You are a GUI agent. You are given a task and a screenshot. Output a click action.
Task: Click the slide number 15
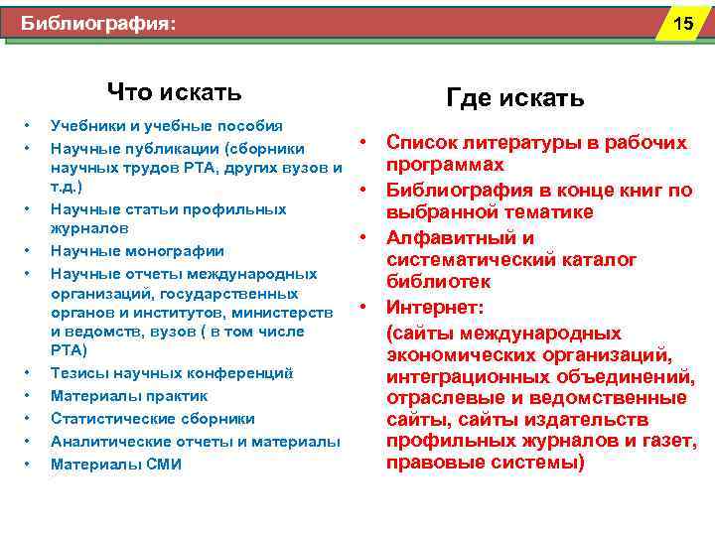click(x=683, y=23)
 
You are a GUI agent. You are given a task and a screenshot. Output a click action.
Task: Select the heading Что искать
click(x=174, y=93)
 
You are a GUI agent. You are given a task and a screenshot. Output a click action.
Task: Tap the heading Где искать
click(x=514, y=98)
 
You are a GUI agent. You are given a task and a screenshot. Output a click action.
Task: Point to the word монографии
click(x=173, y=251)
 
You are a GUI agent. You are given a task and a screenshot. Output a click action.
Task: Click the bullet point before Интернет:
click(x=365, y=305)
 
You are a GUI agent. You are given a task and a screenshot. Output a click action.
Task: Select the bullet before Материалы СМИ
click(x=28, y=464)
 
